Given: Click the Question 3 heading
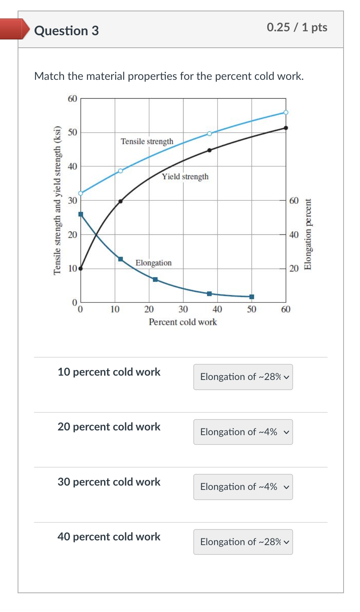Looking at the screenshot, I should (x=67, y=31).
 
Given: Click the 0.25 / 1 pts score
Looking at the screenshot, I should (x=297, y=27).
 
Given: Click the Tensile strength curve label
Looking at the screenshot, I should (x=147, y=141).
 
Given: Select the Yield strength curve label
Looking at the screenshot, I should (x=185, y=176).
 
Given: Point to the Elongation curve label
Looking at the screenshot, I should (x=153, y=263).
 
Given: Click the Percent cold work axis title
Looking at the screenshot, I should (x=183, y=322).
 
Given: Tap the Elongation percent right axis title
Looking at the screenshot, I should (x=308, y=234).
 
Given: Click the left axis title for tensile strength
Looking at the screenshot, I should (x=58, y=200).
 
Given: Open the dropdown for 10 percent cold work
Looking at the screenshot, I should (x=243, y=377).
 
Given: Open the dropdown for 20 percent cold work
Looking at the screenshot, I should (x=243, y=432).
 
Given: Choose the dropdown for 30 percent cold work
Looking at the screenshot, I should (x=243, y=487).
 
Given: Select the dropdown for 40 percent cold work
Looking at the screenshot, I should (x=243, y=542).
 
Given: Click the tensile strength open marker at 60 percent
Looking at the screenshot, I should (x=286, y=112).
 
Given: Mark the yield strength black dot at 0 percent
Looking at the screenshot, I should (x=81, y=268).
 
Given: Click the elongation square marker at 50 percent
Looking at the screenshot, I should (x=252, y=297).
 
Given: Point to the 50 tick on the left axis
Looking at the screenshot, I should (x=72, y=132).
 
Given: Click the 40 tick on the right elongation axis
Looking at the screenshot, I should (x=294, y=235).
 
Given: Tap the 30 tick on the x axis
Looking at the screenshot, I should (x=183, y=310).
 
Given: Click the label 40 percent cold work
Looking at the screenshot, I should (x=109, y=536).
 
